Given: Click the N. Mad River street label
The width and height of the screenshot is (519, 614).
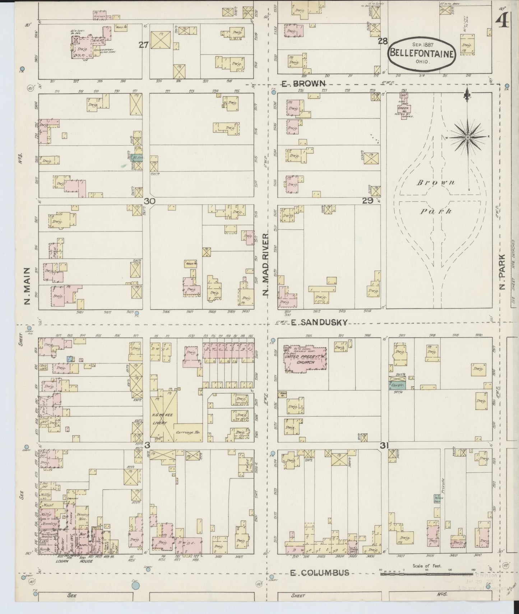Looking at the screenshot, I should tap(265, 264).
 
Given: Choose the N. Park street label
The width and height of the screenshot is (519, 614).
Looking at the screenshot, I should tap(502, 271).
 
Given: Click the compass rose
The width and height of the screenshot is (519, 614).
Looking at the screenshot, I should tap(468, 138).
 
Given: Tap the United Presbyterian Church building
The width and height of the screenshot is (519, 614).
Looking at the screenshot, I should tap(305, 359).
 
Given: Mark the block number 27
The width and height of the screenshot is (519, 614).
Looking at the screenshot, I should tap(144, 45).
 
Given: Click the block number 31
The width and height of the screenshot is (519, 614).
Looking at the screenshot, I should tap(385, 446).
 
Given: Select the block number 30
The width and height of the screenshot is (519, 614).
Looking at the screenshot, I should tap(149, 201).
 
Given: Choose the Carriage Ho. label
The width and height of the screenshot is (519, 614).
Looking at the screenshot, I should tap(188, 433).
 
